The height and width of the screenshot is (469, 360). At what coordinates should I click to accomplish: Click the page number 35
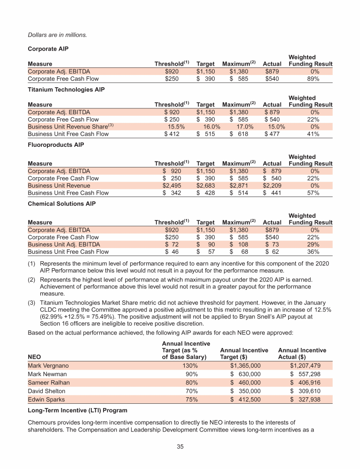[x=180, y=446]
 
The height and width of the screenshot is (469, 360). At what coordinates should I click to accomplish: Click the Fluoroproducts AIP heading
[x=56, y=145]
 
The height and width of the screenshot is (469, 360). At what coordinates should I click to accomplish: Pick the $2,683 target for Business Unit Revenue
[x=205, y=186]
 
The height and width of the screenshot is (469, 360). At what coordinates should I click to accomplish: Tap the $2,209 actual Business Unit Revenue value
[x=272, y=186]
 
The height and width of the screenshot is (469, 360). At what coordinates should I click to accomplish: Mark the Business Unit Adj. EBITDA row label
[x=64, y=245]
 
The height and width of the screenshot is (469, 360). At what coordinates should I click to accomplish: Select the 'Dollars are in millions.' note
[x=58, y=35]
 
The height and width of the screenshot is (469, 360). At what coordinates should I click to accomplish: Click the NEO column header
[x=35, y=356]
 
